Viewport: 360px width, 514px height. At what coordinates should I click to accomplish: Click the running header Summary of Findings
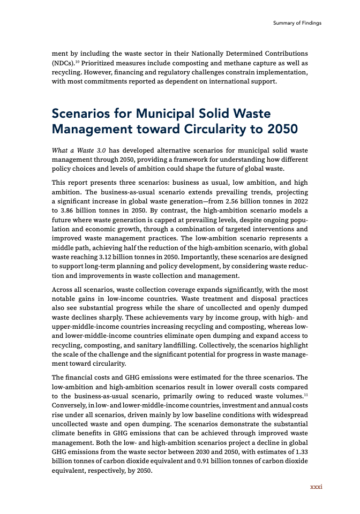[x=297, y=23]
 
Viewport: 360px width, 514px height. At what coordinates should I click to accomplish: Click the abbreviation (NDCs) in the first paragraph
[x=64, y=63]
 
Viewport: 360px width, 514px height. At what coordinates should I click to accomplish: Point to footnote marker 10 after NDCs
[x=79, y=62]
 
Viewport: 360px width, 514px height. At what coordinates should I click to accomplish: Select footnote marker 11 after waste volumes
[x=306, y=395]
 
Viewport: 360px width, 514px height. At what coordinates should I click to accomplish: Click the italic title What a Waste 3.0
[x=74, y=150]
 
